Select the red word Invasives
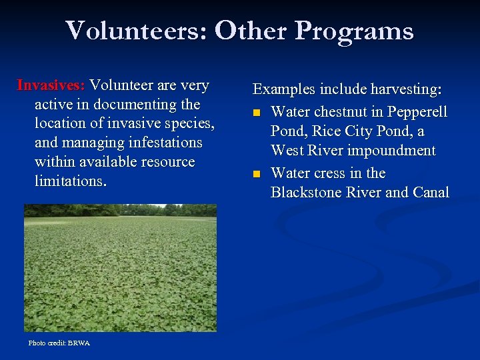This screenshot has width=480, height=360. pyautogui.click(x=51, y=85)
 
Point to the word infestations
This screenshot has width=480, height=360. pyautogui.click(x=160, y=143)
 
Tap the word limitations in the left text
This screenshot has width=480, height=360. pyautogui.click(x=69, y=182)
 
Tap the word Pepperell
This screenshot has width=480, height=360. pyautogui.click(x=419, y=111)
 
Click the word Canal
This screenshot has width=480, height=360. pyautogui.click(x=431, y=193)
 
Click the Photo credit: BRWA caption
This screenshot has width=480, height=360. pyautogui.click(x=59, y=343)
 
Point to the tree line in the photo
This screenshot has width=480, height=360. pyautogui.click(x=120, y=210)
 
